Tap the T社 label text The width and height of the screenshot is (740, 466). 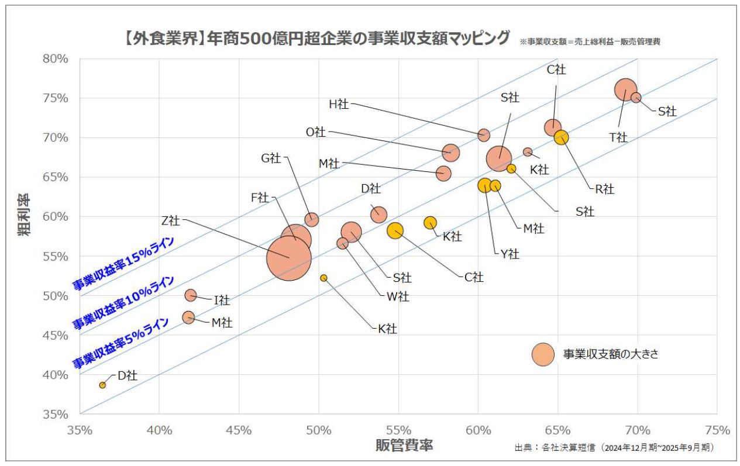[x=618, y=137]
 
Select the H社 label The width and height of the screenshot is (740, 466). [x=339, y=104]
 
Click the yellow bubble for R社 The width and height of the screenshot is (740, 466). [x=562, y=137]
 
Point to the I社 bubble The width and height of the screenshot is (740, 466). [x=190, y=295]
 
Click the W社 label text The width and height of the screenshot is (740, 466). [x=398, y=296]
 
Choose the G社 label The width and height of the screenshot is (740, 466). [x=271, y=158]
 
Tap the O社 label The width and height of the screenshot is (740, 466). [x=316, y=132]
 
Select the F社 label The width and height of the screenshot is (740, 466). [x=260, y=198]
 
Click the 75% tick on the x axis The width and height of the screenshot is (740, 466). [x=718, y=430]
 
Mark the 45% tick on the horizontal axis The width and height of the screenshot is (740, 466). [x=239, y=430]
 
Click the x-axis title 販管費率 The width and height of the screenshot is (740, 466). [x=404, y=446]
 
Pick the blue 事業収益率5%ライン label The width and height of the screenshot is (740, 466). [x=120, y=343]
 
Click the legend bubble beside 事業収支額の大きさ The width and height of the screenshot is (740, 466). [x=542, y=354]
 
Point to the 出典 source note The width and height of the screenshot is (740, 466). [x=614, y=447]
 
